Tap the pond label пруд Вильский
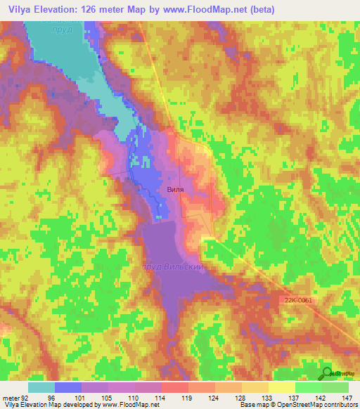click(173, 268)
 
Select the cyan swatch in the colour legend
click(41, 387)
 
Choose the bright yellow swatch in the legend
click(282, 387)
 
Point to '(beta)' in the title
click(259, 10)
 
